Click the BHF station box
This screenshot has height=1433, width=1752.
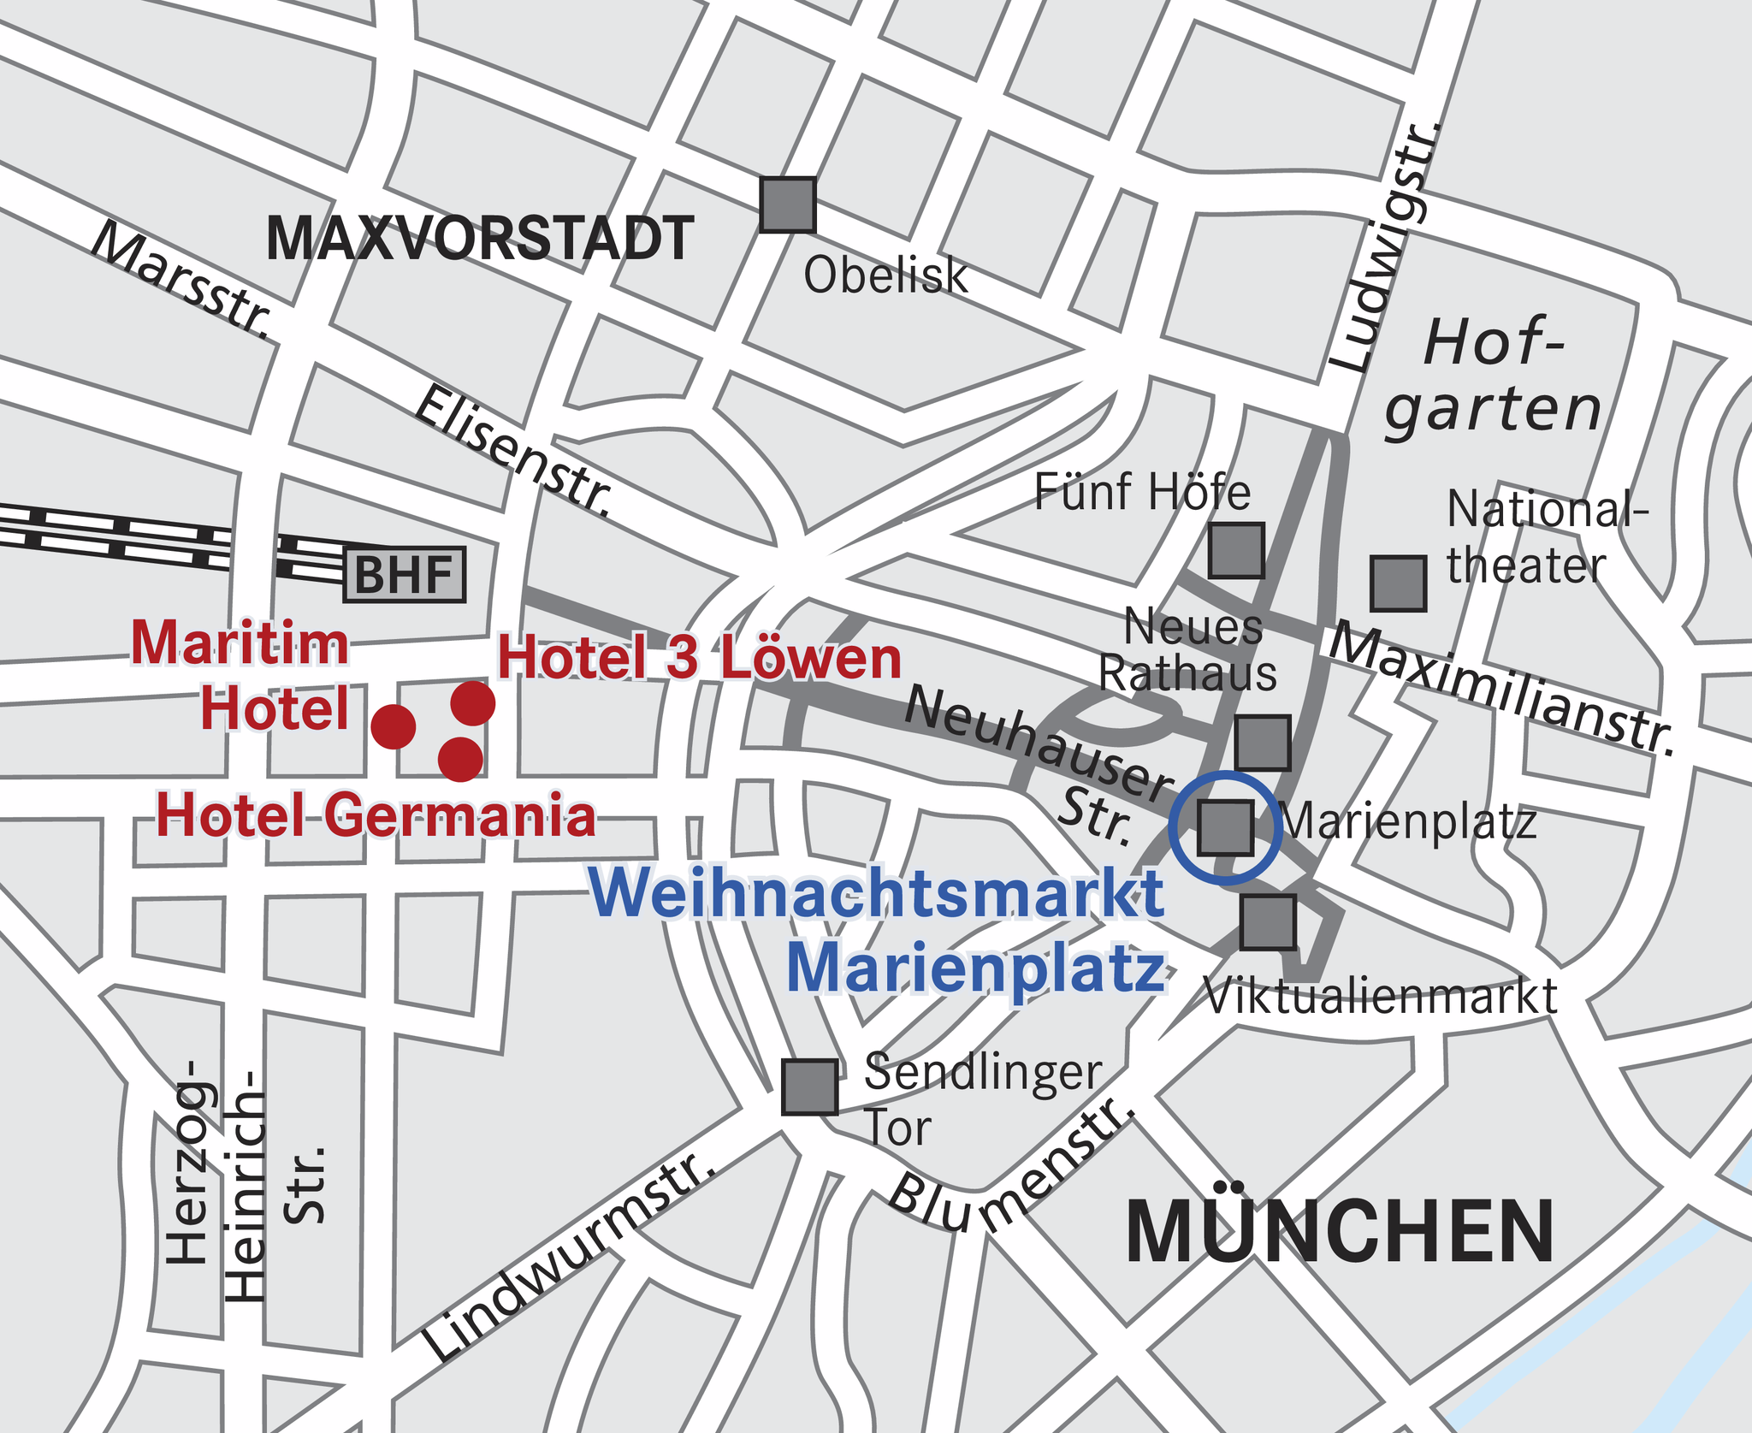click(404, 575)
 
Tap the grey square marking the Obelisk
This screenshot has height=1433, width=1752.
click(788, 204)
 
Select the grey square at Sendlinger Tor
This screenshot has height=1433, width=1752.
click(809, 1087)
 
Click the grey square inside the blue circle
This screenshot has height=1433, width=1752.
click(1225, 827)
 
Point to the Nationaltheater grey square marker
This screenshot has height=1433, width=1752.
click(1398, 583)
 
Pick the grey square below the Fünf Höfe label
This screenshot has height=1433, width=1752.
click(1236, 551)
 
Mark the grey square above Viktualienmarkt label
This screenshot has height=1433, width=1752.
click(1268, 922)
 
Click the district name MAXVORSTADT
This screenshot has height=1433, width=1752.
click(480, 239)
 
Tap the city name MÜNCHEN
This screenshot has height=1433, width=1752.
click(1339, 1233)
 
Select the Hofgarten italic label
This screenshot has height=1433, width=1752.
click(1493, 376)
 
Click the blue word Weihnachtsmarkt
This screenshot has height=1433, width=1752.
click(877, 893)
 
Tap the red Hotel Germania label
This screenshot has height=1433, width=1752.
click(376, 815)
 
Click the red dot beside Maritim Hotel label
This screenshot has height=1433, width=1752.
click(394, 727)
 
